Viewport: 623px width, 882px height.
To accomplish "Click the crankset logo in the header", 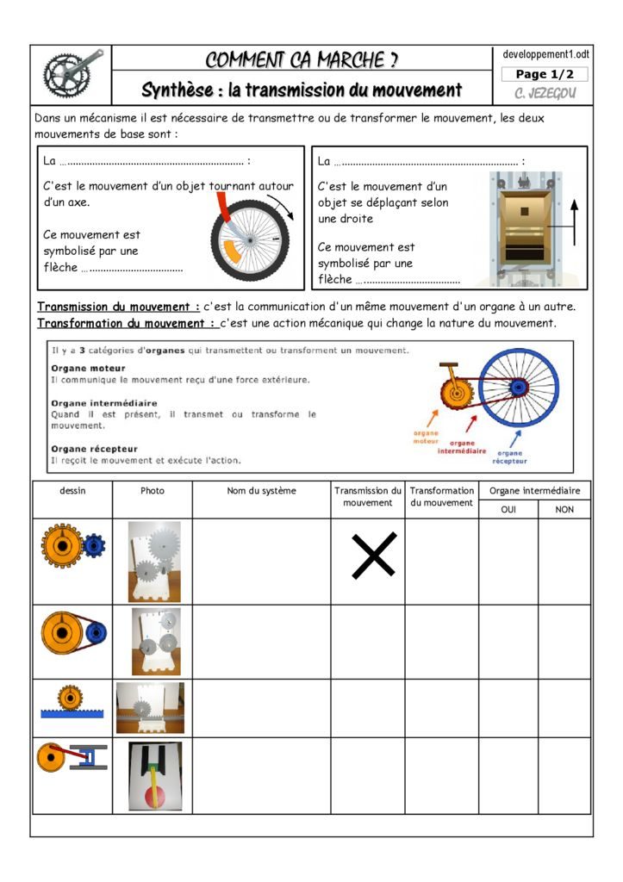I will pyautogui.click(x=72, y=74).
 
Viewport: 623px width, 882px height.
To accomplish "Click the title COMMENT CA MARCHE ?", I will pyautogui.click(x=302, y=59).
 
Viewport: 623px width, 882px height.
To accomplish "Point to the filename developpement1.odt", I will pyautogui.click(x=546, y=54).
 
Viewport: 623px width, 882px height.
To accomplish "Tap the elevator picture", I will pyautogui.click(x=524, y=228).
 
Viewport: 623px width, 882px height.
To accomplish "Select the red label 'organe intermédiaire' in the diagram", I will pyautogui.click(x=462, y=447).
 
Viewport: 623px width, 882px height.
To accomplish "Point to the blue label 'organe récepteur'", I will pyautogui.click(x=509, y=457).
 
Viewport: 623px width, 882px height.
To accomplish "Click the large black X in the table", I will pyautogui.click(x=374, y=555).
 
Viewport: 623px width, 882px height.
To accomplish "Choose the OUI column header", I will pyautogui.click(x=508, y=509).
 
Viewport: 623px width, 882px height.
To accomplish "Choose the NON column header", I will pyautogui.click(x=564, y=509).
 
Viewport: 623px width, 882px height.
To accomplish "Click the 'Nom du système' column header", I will pyautogui.click(x=261, y=491).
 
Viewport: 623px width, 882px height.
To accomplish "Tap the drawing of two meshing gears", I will pyautogui.click(x=72, y=545).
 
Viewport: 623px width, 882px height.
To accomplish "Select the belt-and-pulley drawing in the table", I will pyautogui.click(x=72, y=634).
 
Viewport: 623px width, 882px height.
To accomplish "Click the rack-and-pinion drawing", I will pyautogui.click(x=72, y=702).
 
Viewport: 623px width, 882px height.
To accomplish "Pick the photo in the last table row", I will pyautogui.click(x=155, y=775).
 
